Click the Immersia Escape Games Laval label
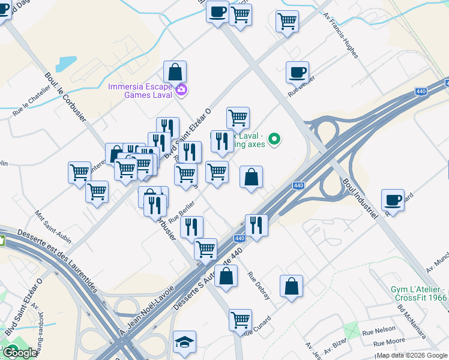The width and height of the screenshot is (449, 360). click(140, 90)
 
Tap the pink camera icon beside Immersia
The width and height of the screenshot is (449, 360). click(181, 91)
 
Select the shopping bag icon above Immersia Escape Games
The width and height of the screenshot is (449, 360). click(174, 72)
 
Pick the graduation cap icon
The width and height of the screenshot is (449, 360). click(184, 342)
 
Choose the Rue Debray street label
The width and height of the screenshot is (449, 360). click(259, 286)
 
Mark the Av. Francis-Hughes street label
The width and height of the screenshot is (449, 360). click(340, 36)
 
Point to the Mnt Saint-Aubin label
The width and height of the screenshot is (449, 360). click(53, 227)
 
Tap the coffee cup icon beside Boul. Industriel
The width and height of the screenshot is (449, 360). click(393, 200)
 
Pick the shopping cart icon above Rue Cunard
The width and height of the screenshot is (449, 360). click(240, 319)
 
